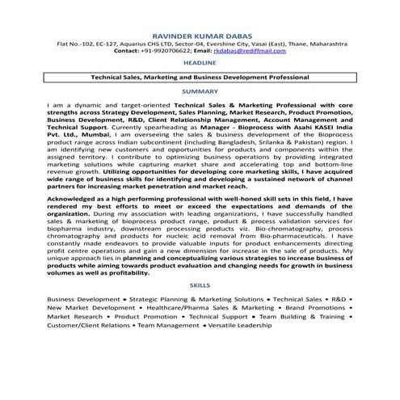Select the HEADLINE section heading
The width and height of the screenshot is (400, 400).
pyautogui.click(x=199, y=62)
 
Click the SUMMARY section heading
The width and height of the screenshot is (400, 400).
pyautogui.click(x=199, y=92)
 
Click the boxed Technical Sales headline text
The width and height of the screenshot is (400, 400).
pyautogui.click(x=200, y=78)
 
